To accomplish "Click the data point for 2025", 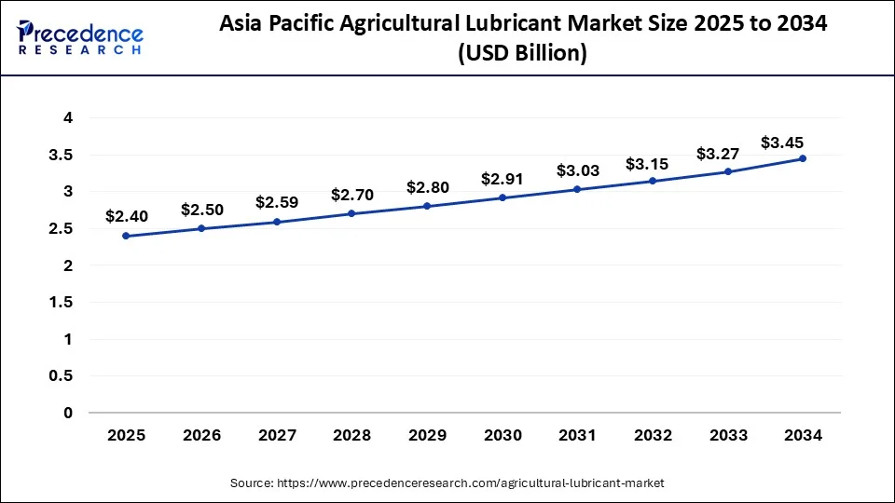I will click(126, 236).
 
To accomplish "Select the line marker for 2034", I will click(803, 158).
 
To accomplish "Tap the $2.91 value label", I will click(503, 178).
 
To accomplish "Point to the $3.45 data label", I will click(783, 143).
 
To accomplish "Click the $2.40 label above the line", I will click(126, 216).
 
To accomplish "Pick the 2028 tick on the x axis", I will click(351, 434).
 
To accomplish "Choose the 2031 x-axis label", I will click(577, 434).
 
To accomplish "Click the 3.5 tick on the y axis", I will click(62, 155).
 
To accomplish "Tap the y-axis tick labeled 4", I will click(68, 117).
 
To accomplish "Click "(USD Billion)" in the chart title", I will click(521, 55).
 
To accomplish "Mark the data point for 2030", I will click(503, 197).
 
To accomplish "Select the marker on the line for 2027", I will click(277, 222).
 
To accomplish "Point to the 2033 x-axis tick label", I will click(727, 434).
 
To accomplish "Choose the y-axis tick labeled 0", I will click(68, 413).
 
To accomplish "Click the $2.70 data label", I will click(352, 195).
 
